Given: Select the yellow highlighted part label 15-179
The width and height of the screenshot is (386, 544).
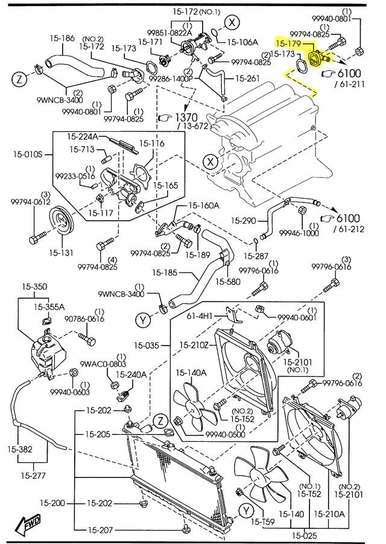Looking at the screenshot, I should (x=288, y=44).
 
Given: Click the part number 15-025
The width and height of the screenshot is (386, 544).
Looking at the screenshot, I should (x=306, y=535).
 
